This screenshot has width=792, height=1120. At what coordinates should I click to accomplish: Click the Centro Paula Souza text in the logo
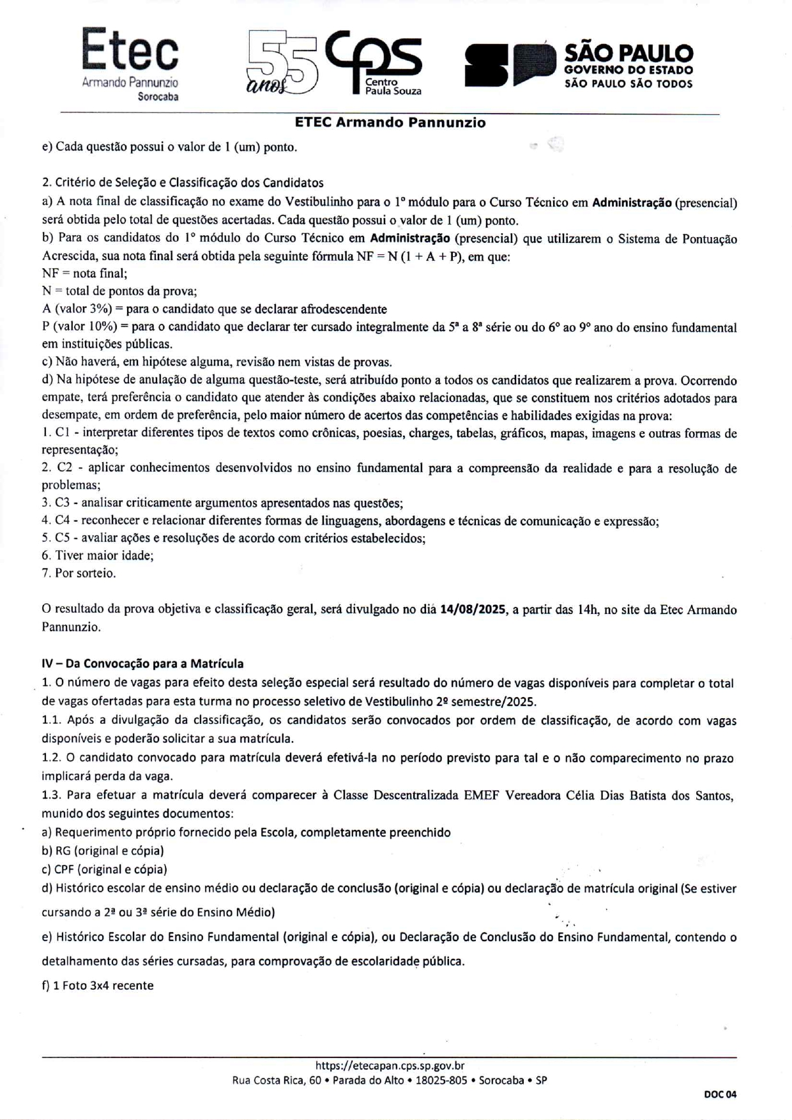[x=392, y=86]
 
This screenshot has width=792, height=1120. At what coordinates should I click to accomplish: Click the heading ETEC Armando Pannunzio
[x=390, y=123]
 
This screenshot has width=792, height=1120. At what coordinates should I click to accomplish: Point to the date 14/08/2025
[x=473, y=610]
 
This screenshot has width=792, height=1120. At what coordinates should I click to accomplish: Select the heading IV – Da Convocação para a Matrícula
[x=142, y=664]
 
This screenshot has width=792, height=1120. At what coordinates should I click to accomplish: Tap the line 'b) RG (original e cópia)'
[x=103, y=851]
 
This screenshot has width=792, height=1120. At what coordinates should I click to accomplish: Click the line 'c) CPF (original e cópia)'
[x=104, y=870]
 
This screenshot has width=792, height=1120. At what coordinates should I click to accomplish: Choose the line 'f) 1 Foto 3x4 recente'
[x=98, y=986]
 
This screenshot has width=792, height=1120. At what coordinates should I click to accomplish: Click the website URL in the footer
[x=390, y=1066]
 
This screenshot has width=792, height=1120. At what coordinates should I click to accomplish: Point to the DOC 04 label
[x=720, y=1094]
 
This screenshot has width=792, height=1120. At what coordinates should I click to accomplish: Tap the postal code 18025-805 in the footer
[x=441, y=1081]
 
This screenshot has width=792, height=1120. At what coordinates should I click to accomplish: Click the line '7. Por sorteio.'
[x=79, y=573]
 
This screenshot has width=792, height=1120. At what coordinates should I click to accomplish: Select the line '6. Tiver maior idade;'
[x=98, y=556]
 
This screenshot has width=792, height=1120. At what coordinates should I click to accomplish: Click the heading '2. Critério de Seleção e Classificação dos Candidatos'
[x=183, y=183]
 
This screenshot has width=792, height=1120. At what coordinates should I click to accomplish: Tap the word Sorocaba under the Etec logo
[x=158, y=97]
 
